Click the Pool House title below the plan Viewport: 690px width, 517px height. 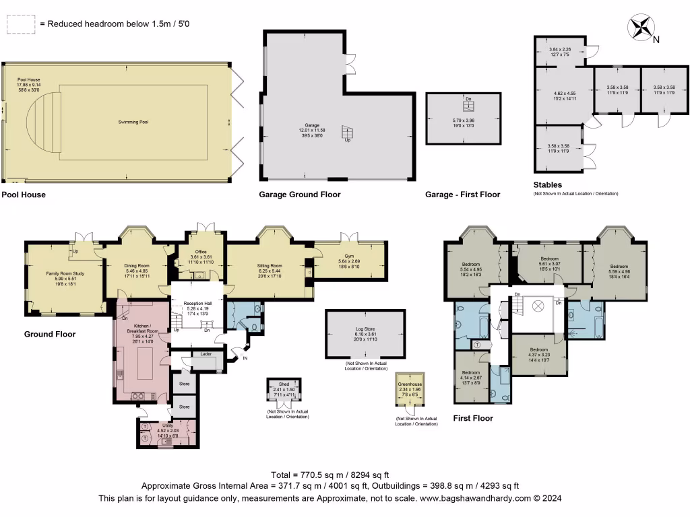(24, 195)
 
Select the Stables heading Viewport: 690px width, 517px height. (547, 184)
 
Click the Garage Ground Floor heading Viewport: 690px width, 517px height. (300, 195)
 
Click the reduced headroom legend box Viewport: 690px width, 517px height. (21, 24)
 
